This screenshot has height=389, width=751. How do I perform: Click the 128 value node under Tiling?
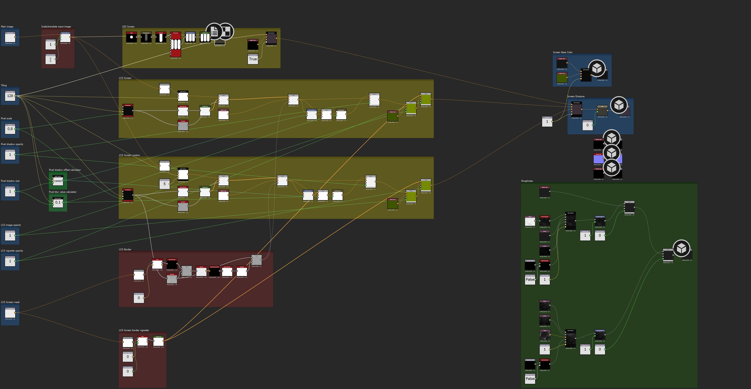[x=10, y=96]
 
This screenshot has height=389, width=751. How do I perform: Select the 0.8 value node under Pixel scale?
[x=10, y=129]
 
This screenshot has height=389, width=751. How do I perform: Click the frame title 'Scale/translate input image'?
[x=56, y=27]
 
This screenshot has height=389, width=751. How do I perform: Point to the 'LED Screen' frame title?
[x=128, y=27]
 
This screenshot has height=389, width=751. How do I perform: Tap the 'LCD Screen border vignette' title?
[x=134, y=330]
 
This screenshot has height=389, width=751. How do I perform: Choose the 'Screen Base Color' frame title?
[x=562, y=52]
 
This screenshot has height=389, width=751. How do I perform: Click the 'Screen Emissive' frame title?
[x=575, y=96]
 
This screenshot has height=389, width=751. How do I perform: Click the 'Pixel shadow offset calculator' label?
[x=65, y=170]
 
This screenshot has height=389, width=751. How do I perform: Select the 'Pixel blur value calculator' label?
[x=63, y=192]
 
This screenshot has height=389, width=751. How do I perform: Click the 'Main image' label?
[x=7, y=27]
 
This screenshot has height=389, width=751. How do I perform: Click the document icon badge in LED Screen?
[x=214, y=32]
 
